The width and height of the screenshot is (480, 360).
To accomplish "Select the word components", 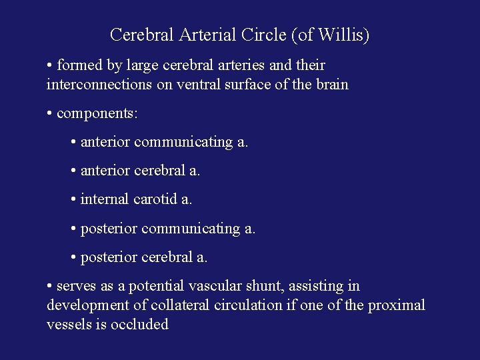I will pos(97,114).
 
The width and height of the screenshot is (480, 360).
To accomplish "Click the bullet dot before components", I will pos(50,114).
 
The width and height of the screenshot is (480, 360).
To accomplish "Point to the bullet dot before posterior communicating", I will pos(73,229).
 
